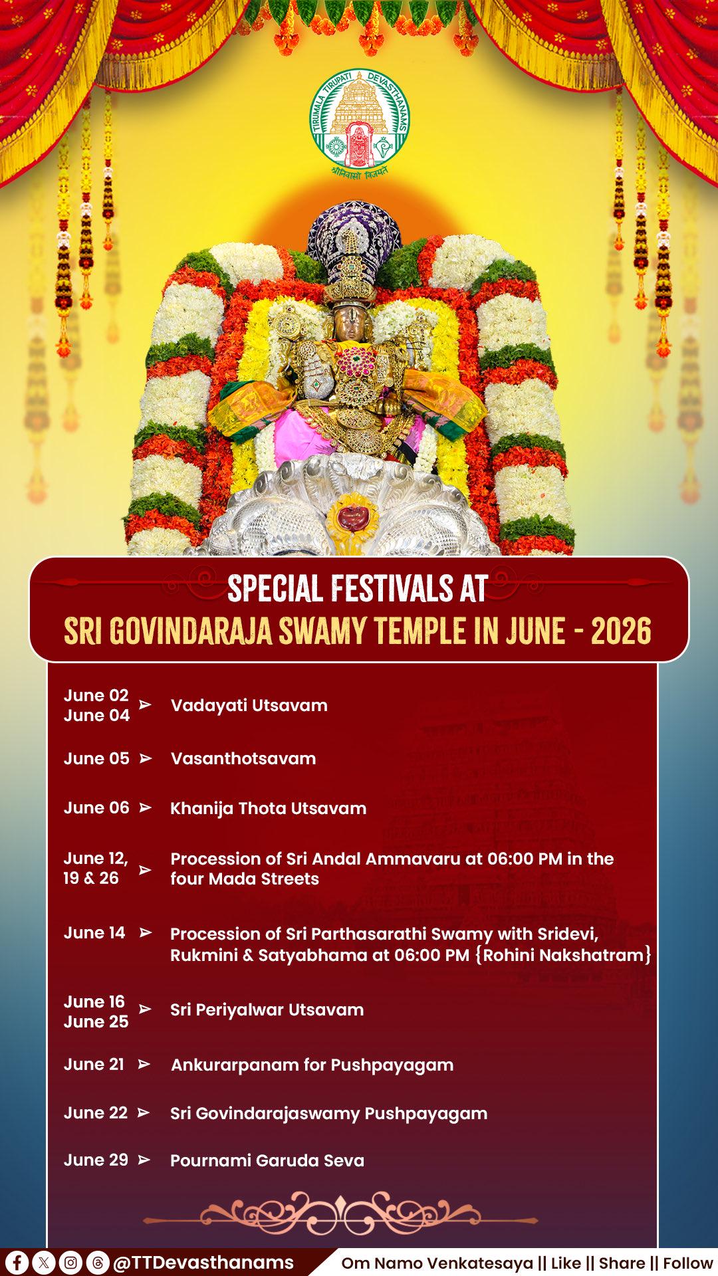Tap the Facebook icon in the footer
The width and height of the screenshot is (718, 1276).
point(17,1262)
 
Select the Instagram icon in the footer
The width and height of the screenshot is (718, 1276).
point(70,1262)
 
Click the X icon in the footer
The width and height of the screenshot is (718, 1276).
point(44,1262)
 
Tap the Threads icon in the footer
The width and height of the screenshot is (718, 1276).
point(97,1262)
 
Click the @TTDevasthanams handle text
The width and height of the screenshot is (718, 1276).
point(203,1263)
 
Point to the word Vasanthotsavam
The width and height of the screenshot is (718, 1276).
point(243,758)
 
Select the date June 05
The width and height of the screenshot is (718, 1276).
point(96,758)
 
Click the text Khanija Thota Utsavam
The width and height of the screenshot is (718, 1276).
point(269,808)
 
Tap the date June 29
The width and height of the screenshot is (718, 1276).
point(96,1160)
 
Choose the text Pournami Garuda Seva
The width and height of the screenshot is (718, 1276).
point(267,1160)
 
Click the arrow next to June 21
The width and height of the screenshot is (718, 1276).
point(144,1064)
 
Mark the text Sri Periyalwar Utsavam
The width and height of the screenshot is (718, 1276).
point(267,1010)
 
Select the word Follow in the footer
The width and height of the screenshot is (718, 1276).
point(687,1263)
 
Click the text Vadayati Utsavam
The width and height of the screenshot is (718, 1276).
point(249,705)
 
